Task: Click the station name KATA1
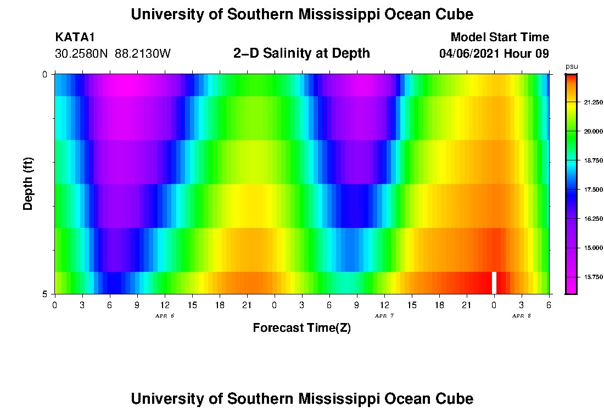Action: pyautogui.click(x=75, y=37)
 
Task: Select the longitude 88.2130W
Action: pyautogui.click(x=143, y=54)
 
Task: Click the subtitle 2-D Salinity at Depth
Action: pyautogui.click(x=301, y=53)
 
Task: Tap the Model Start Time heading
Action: pyautogui.click(x=499, y=37)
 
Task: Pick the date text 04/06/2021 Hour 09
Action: pyautogui.click(x=494, y=54)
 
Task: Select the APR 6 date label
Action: pyautogui.click(x=164, y=316)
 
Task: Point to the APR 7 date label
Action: pyautogui.click(x=384, y=316)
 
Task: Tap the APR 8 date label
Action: pyautogui.click(x=521, y=316)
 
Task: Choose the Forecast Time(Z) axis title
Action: pyautogui.click(x=301, y=328)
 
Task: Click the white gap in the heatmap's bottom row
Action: pyautogui.click(x=494, y=282)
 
